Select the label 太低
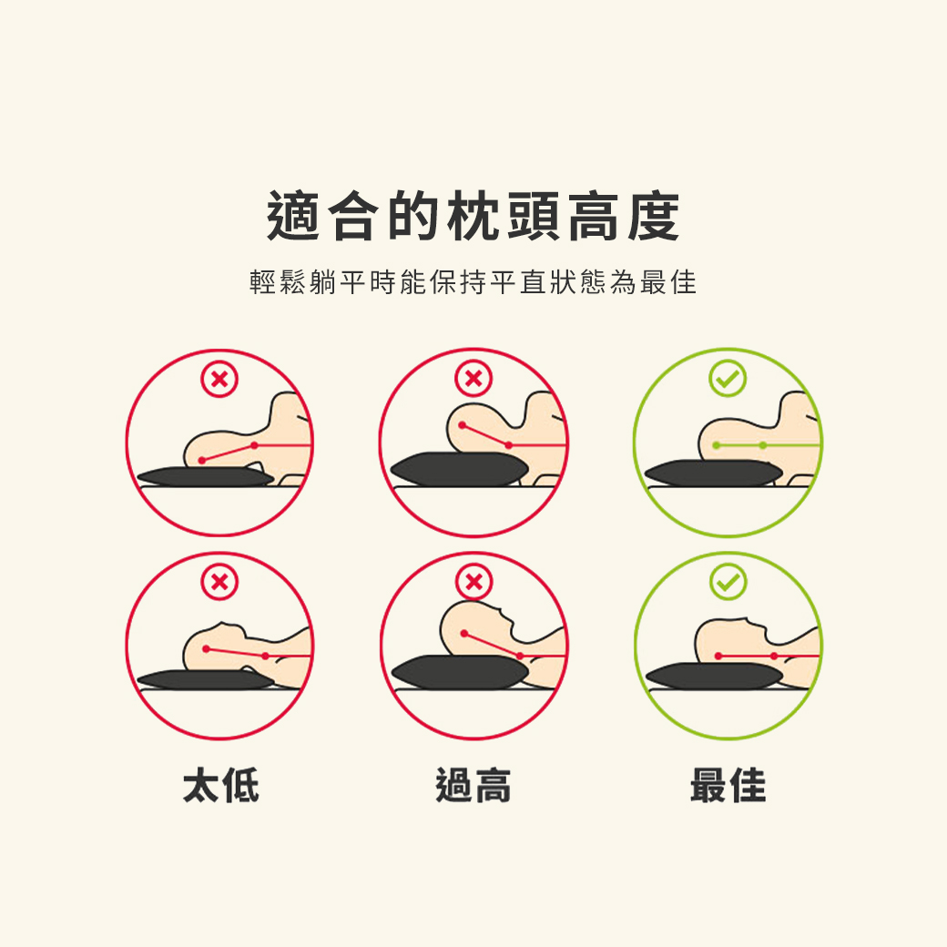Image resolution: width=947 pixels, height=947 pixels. pos(220,785)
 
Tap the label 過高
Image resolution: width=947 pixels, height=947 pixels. pos(473,785)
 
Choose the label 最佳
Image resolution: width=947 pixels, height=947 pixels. pos(728,785)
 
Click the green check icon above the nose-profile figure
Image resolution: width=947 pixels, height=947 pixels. pos(728,582)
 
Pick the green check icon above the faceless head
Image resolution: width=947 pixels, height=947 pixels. pos(728,380)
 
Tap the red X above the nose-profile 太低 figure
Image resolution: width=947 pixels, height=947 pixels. pos(219,582)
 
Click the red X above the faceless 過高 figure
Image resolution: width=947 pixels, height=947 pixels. pos(473,380)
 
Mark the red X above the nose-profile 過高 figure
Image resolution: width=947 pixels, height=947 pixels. pos(473,582)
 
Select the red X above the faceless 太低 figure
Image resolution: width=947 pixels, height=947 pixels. pos(219,380)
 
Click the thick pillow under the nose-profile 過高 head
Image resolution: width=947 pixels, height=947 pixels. pos(460,671)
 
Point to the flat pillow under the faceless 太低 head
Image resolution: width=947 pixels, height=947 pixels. pos(205,477)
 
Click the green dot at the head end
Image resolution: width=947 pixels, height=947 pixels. pos(717,445)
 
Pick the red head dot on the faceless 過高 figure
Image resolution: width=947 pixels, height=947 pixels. pos(463,425)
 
